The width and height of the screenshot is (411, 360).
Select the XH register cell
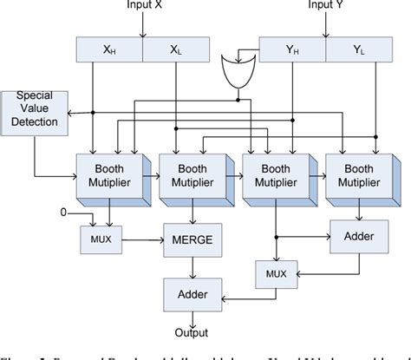[x=110, y=50]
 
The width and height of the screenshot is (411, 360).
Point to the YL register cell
[x=359, y=50]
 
